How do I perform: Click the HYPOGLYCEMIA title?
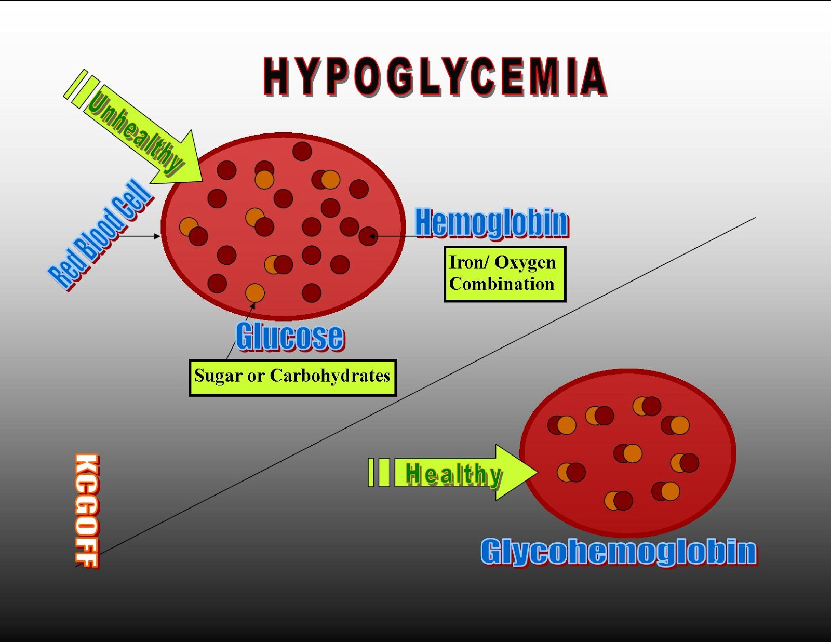tap(435, 77)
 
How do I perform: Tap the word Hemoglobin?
tap(491, 223)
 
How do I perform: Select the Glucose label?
tap(290, 337)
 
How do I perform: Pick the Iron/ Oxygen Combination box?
tap(504, 274)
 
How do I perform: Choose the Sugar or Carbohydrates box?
tap(292, 378)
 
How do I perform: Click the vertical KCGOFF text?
tap(87, 511)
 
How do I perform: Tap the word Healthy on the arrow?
tap(453, 474)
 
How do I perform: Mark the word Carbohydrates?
tap(330, 376)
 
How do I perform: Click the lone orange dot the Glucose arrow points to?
tap(254, 293)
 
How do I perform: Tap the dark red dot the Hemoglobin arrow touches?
tap(368, 236)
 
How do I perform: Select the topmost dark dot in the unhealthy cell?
tap(302, 151)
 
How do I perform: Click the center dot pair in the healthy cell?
tap(627, 453)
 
